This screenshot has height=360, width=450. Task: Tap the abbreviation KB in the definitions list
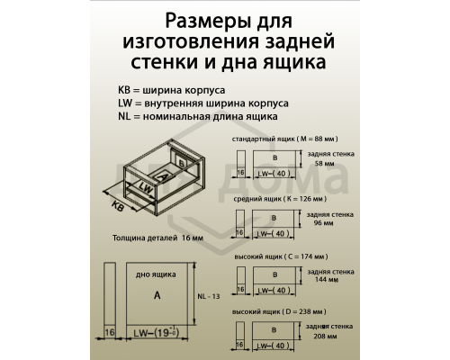[123, 91]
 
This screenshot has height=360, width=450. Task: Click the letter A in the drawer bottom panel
[157, 294]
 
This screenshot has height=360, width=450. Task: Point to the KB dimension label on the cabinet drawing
[117, 207]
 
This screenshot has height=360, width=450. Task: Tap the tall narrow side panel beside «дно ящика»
[109, 301]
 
